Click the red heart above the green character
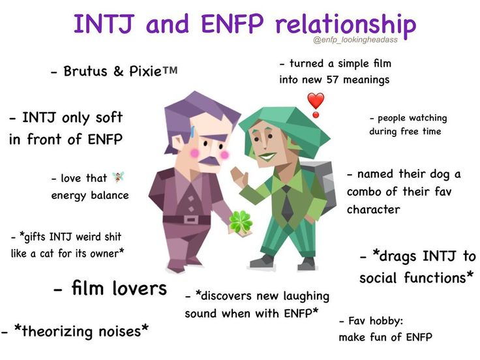tap(316, 101)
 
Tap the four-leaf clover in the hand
tap(241, 221)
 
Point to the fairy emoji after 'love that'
tap(118, 177)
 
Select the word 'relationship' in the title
tap(346, 25)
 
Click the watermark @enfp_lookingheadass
tap(355, 40)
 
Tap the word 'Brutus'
tap(85, 71)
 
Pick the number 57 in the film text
tap(333, 80)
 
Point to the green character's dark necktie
tap(286, 203)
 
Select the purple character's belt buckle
tap(190, 220)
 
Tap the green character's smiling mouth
tap(267, 157)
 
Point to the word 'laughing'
tap(306, 297)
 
